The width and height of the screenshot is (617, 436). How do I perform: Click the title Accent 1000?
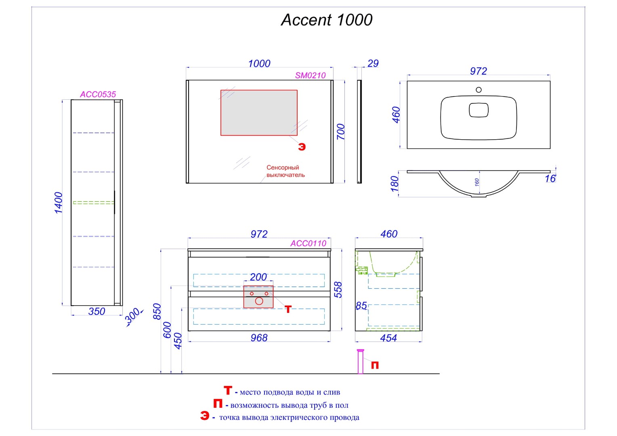(326, 20)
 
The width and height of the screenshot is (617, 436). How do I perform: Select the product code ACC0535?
(98, 94)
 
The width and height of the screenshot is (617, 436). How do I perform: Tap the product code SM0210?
(310, 75)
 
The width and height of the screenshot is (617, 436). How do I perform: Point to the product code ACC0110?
(308, 243)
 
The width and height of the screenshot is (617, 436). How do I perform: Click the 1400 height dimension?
(59, 203)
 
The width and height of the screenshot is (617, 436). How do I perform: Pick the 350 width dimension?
(97, 311)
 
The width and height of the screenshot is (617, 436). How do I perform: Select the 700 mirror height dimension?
(341, 132)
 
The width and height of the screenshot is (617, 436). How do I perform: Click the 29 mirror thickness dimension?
(373, 63)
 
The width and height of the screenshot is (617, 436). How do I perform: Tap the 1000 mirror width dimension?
(259, 64)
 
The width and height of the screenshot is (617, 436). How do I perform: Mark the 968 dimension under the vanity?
(259, 338)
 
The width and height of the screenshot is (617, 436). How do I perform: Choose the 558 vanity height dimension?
(338, 289)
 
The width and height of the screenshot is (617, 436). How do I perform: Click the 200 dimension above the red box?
(258, 277)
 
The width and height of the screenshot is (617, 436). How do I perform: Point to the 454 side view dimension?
(388, 338)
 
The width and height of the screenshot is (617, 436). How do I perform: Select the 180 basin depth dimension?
(395, 184)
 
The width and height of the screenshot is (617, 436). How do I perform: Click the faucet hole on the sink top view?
(478, 90)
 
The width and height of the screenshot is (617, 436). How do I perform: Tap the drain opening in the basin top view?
(478, 110)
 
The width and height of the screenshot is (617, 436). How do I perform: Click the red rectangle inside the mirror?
(259, 113)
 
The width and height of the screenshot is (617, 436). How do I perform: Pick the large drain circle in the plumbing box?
(259, 301)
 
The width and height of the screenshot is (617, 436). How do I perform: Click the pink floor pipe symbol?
(361, 362)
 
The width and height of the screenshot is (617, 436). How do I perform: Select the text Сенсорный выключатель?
(285, 171)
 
